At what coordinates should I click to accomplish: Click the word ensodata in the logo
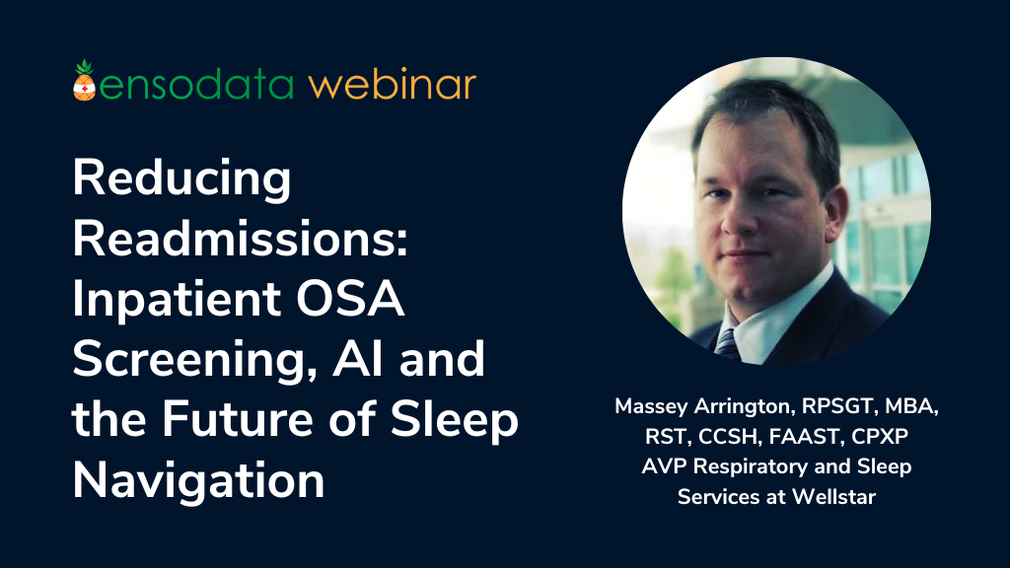pos(196,85)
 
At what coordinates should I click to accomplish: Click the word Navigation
pos(198,482)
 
